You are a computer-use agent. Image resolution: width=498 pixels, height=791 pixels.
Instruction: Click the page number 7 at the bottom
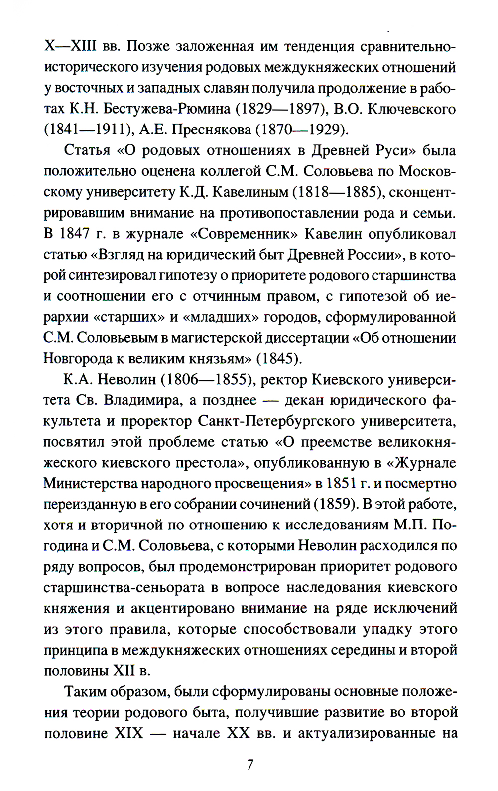click(250, 765)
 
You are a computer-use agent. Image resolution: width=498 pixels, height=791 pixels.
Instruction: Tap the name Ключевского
click(411, 109)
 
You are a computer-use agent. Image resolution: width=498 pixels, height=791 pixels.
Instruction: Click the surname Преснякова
click(211, 130)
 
